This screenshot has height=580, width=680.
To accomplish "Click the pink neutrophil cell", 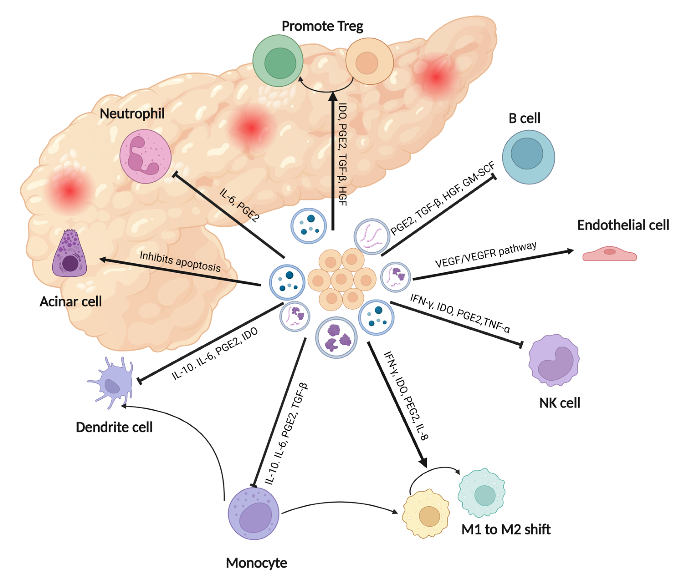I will [x=145, y=156].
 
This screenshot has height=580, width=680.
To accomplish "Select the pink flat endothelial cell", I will [x=609, y=254].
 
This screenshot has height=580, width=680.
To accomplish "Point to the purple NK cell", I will [x=554, y=360].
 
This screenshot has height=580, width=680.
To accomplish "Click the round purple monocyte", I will [x=253, y=514].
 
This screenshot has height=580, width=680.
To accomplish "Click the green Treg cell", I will [x=278, y=61].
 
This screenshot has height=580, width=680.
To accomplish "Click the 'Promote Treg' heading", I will [x=322, y=26].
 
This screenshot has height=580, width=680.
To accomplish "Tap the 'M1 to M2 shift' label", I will [x=506, y=529].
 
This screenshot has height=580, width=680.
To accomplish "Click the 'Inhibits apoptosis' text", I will [x=180, y=262].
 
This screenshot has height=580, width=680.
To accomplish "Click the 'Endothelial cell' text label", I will [x=623, y=225].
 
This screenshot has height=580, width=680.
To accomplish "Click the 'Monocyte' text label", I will [x=256, y=563].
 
